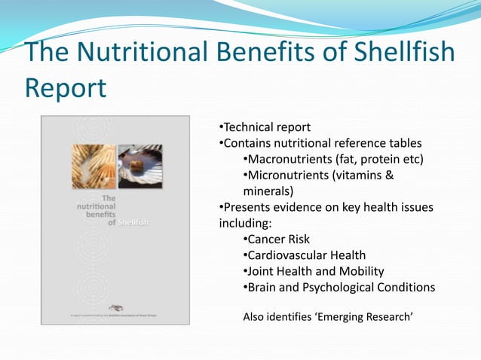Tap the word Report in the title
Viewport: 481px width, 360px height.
coord(66,87)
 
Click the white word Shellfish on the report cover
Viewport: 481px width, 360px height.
coord(133,222)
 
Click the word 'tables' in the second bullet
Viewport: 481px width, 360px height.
coord(405,142)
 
